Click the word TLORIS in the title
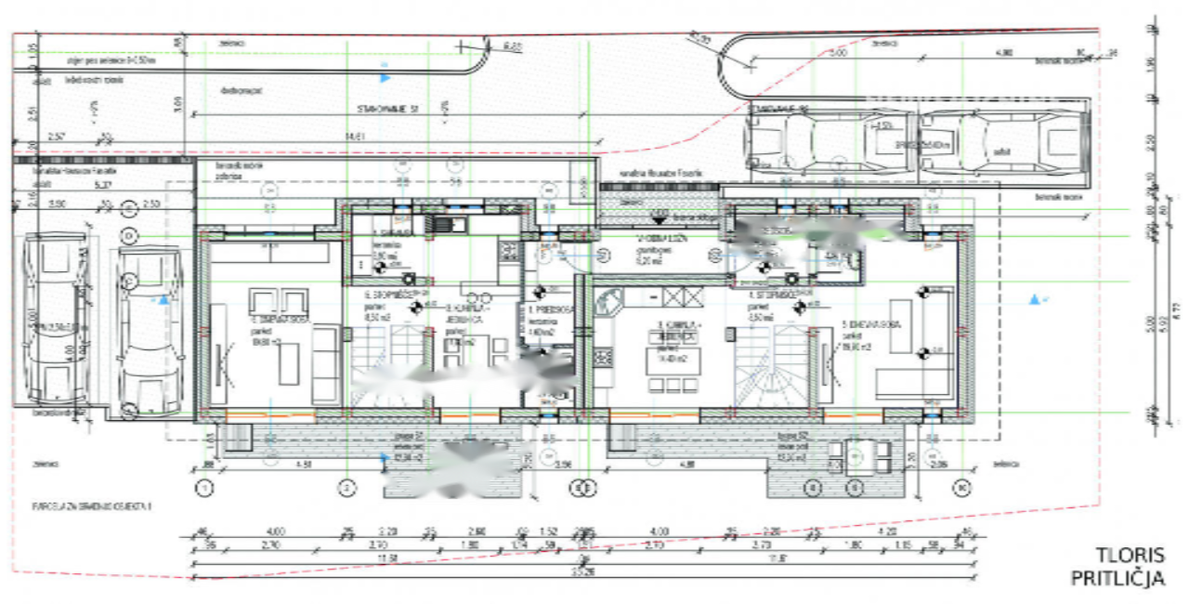click(1130, 556)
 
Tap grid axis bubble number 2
click(346, 486)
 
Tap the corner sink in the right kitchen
click(611, 302)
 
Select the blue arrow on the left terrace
click(386, 456)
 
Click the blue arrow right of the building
click(1033, 299)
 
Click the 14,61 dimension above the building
click(354, 137)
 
